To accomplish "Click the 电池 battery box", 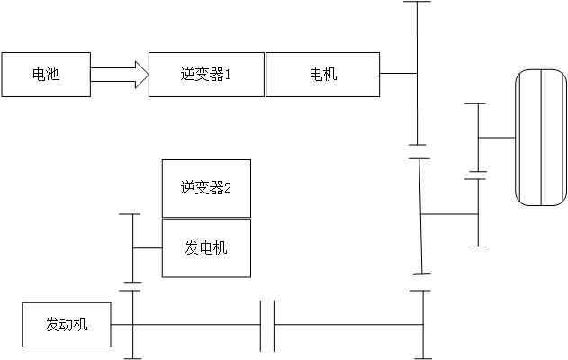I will click(45, 75).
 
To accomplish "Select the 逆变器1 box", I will click(206, 75).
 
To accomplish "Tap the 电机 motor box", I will click(322, 75).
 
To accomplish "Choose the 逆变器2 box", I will click(206, 188).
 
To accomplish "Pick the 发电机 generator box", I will click(206, 247).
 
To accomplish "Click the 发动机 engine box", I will click(67, 325).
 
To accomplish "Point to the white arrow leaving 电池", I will click(117, 75).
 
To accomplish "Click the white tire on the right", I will click(541, 138).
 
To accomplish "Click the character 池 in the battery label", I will click(52, 75).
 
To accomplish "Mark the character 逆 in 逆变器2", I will click(187, 188).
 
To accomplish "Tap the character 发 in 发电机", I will click(192, 247).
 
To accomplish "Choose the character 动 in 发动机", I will click(67, 325).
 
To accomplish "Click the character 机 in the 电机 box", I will click(329, 75).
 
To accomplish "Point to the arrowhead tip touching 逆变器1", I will click(147, 75).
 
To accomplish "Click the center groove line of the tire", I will click(541, 138).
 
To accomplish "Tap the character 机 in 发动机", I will click(81, 325).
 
